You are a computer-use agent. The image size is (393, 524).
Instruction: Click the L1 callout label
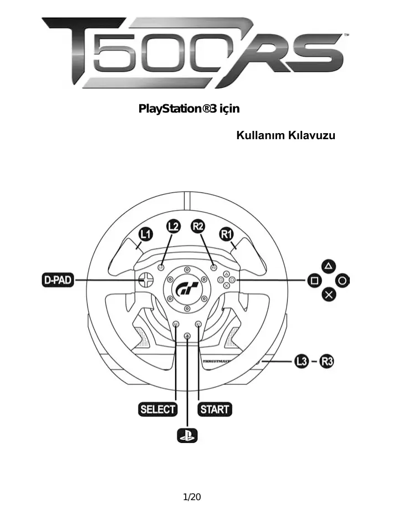coord(145,235)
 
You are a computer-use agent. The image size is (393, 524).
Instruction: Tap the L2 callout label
coord(173,226)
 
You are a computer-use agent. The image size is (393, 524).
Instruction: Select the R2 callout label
coord(197,226)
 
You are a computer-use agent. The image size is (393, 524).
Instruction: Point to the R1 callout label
coord(226,234)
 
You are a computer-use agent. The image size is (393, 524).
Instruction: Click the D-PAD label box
coord(58,280)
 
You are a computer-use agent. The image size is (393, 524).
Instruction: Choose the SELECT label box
coord(157,410)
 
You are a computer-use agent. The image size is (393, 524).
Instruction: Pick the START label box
coord(215,410)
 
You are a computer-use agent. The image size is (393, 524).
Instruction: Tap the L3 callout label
coord(302,362)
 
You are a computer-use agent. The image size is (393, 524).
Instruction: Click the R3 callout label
coord(327,362)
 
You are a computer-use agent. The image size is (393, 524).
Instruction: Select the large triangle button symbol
coord(329,267)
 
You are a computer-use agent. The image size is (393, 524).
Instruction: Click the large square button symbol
coord(314,281)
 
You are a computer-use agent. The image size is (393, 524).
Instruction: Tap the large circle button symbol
coord(343,281)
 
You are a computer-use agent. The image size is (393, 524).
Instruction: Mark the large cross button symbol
coord(329,294)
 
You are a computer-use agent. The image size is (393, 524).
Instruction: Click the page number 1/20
coord(192,496)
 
